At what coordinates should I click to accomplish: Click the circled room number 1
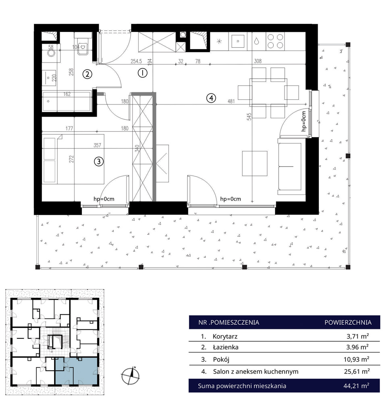(x=142, y=73)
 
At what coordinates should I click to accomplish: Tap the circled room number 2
(x=87, y=74)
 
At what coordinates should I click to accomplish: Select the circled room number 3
(x=99, y=161)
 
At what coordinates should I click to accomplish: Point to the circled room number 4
(x=211, y=98)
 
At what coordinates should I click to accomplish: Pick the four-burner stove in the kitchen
(x=275, y=41)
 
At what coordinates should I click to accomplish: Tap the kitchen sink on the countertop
(x=238, y=41)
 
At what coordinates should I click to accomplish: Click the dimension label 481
(x=231, y=101)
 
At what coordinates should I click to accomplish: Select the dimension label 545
(x=249, y=117)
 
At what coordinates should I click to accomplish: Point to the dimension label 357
(x=98, y=145)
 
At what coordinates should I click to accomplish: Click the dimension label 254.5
(x=136, y=61)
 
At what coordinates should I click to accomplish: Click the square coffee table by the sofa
(x=254, y=163)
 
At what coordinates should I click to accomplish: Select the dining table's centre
(x=269, y=92)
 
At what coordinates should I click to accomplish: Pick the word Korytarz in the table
(x=225, y=336)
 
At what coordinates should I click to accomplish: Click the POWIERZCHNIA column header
(x=348, y=322)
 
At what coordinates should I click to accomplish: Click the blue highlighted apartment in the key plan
(x=76, y=370)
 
